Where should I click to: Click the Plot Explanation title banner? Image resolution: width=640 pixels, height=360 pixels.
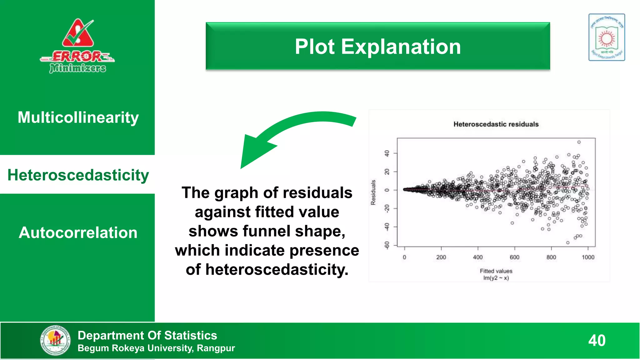click(x=377, y=46)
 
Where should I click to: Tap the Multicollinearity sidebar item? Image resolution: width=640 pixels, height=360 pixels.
click(x=78, y=117)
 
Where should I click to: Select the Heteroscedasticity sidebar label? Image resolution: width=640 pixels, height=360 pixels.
click(x=78, y=175)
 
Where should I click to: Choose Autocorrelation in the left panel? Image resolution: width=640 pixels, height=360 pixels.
click(x=78, y=233)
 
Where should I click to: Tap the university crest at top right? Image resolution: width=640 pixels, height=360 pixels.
click(x=607, y=37)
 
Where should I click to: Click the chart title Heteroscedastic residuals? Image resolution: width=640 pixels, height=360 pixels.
click(x=496, y=124)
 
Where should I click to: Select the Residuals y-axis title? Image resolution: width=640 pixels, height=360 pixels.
click(x=373, y=192)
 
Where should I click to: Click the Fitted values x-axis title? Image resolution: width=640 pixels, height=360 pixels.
click(x=496, y=271)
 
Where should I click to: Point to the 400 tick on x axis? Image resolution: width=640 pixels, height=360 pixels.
click(x=478, y=257)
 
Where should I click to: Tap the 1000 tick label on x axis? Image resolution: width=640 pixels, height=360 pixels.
click(x=588, y=257)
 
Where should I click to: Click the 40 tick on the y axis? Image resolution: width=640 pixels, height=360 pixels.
click(x=387, y=153)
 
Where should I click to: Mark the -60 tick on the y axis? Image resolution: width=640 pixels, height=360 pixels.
click(x=387, y=245)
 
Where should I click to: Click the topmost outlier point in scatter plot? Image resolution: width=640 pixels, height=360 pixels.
click(x=579, y=142)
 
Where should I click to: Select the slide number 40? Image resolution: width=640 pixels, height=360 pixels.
click(x=597, y=340)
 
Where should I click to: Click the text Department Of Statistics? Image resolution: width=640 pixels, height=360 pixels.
click(x=147, y=335)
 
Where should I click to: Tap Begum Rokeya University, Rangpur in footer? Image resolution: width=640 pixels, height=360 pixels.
click(x=156, y=348)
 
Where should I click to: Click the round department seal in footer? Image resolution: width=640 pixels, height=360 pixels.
click(x=55, y=340)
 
